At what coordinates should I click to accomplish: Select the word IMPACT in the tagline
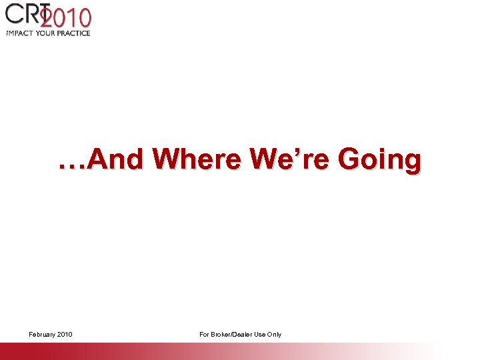tap(21, 33)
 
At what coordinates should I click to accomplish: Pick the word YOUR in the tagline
tap(48, 33)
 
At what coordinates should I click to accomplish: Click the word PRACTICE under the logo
tap(75, 33)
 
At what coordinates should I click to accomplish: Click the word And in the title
tap(115, 160)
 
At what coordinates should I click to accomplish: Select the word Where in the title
tap(197, 160)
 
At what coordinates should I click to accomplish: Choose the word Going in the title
tap(380, 161)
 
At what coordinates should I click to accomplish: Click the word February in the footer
tap(42, 334)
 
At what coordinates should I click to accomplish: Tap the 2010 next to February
tap(65, 334)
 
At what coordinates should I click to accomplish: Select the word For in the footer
tap(205, 334)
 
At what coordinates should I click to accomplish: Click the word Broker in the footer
tap(222, 334)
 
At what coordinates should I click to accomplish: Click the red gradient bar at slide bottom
tap(133, 351)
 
